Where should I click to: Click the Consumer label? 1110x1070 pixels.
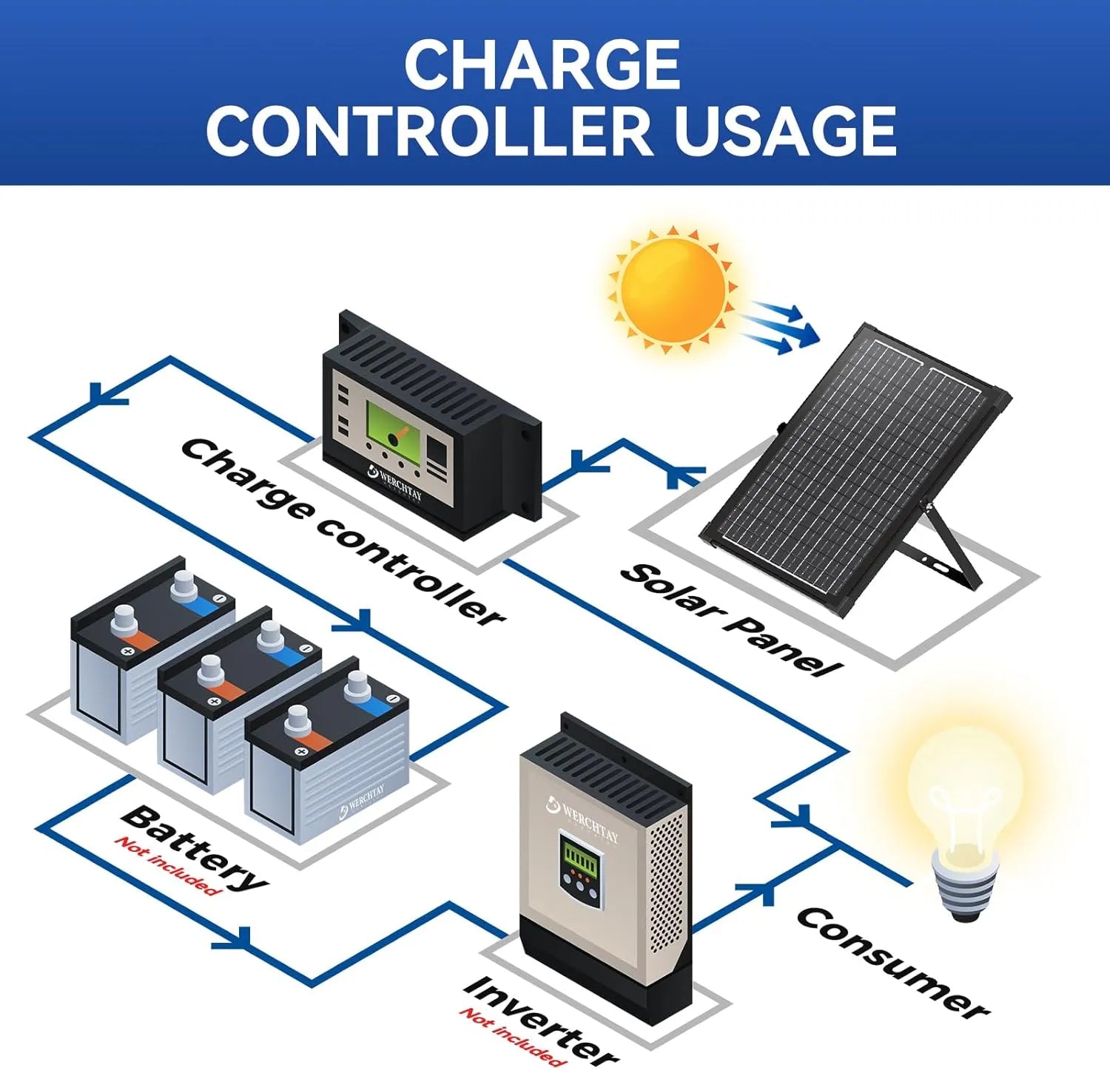(892, 961)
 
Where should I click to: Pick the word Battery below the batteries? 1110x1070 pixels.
(195, 847)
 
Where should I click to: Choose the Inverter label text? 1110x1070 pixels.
(540, 1019)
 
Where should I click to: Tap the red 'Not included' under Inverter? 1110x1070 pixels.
(511, 1035)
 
